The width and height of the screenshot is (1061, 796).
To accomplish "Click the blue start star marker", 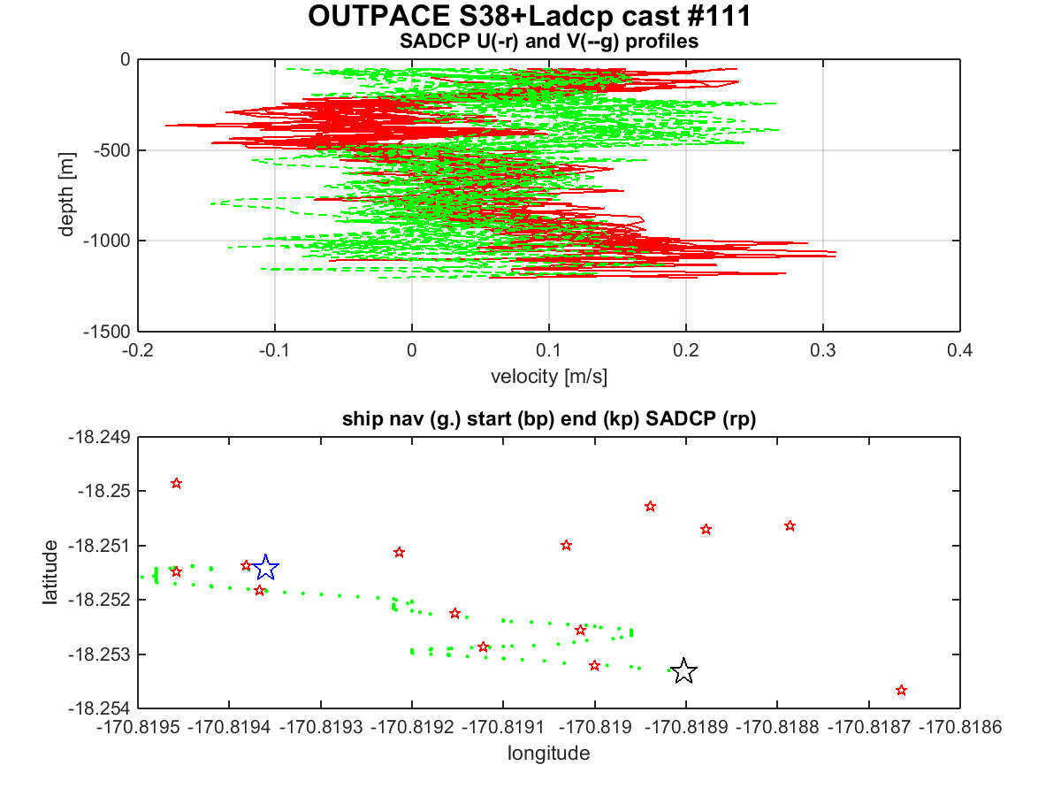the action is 265,568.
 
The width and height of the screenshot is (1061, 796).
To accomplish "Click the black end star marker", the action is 683,671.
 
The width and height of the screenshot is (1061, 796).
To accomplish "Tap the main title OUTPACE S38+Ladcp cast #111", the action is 530,16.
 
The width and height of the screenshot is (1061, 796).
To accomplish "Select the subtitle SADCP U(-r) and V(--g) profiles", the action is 549,42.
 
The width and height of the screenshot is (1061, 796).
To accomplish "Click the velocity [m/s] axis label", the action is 549,377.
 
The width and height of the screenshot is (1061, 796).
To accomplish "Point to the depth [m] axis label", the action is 66,195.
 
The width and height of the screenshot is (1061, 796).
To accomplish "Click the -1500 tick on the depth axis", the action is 107,332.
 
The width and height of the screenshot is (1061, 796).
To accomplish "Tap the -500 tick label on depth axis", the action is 112,150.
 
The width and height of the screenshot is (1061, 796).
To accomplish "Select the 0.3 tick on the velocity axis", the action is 822,350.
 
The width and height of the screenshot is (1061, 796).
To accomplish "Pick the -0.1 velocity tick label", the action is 275,350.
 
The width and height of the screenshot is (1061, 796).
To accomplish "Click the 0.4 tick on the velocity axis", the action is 959,350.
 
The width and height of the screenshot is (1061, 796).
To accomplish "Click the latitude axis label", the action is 50,572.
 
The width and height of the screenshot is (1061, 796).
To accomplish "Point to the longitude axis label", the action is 549,754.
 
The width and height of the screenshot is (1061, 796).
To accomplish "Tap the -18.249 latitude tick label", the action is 100,438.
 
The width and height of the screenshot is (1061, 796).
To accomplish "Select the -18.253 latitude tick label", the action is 100,654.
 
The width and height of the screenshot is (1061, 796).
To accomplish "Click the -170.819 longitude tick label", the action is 594,727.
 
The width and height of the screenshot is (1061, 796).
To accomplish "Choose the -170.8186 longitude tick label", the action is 960,727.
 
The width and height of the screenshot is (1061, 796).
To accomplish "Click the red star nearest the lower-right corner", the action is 901,691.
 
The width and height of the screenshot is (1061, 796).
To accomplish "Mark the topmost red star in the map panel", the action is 177,483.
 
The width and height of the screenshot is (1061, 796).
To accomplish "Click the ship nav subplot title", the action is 549,419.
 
